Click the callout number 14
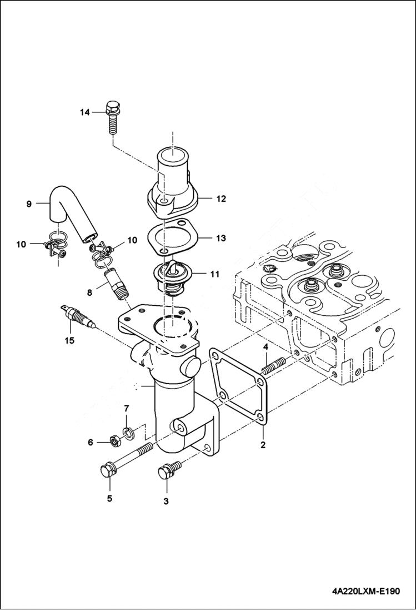tap(84, 112)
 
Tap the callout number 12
tap(221, 198)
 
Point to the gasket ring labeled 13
tap(173, 237)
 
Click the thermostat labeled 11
tap(172, 278)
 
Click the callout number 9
tap(29, 204)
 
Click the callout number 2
tap(263, 445)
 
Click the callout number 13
tap(221, 238)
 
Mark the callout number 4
tap(265, 347)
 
